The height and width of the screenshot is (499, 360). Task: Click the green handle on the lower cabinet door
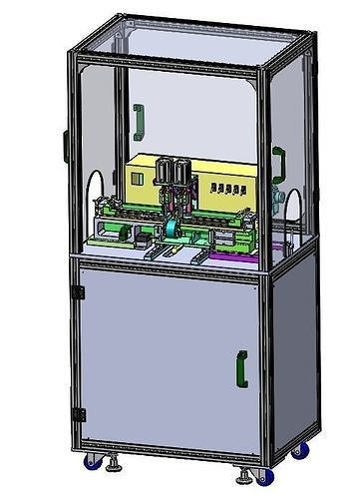tap(241, 367)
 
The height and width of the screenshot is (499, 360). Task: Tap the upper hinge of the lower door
tap(77, 292)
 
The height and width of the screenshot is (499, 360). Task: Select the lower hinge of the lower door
tap(77, 413)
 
